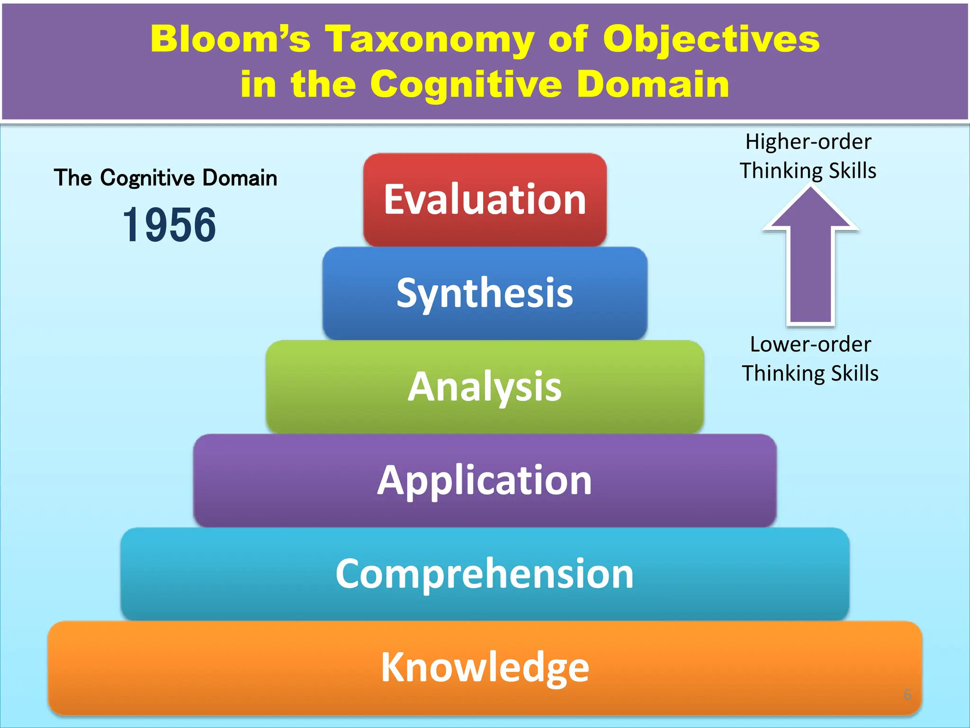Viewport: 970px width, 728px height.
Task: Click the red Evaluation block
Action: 485,199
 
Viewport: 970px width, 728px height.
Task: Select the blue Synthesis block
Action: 485,293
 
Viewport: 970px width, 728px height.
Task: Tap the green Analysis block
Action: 485,386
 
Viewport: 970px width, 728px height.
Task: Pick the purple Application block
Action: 485,480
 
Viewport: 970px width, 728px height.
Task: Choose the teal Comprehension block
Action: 485,573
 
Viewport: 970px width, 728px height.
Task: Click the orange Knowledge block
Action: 485,667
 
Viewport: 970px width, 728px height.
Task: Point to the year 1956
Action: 169,225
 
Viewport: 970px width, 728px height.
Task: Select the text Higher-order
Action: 808,142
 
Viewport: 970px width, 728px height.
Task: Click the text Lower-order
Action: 810,344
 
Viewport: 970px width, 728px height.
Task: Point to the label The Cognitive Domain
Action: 165,178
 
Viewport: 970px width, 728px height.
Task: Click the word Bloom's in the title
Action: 230,39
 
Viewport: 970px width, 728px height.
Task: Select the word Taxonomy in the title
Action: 430,39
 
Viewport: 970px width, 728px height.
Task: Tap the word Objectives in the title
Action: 711,39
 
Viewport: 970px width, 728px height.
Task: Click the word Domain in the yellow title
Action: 654,84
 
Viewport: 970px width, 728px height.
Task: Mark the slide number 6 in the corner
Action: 907,695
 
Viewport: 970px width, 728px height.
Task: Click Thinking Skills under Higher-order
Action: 808,171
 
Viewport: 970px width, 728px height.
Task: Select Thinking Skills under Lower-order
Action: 810,373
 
